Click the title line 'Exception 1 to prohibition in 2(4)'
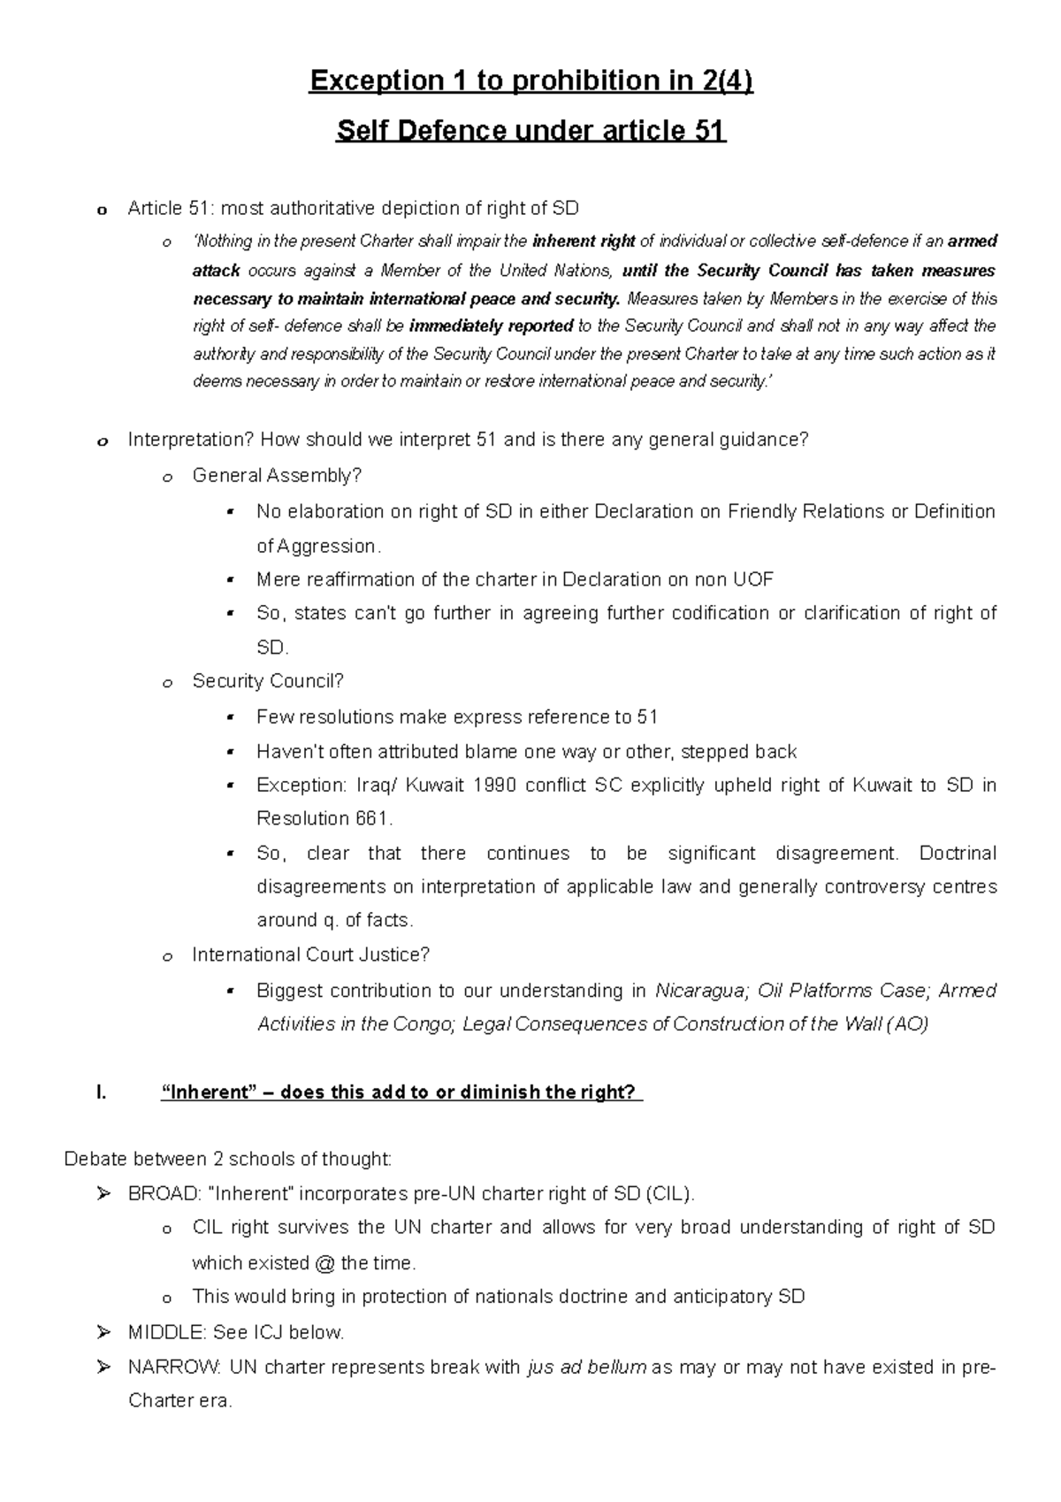530,81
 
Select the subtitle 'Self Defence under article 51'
530,132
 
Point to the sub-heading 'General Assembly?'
277,476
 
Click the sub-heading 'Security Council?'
268,681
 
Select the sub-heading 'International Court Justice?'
310,955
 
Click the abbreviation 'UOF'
753,580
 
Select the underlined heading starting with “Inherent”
400,1092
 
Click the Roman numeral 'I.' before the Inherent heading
101,1092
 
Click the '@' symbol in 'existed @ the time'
324,1262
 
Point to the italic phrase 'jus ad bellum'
586,1368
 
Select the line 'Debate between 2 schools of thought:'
227,1160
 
